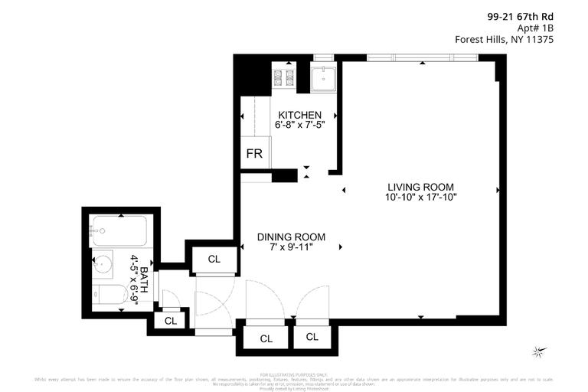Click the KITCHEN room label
tap(294, 115)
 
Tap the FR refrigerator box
tap(254, 154)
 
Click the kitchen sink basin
tap(323, 78)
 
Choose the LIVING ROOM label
tap(420, 187)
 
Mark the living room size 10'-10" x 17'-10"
tap(420, 198)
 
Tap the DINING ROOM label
tap(291, 237)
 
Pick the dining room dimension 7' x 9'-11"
tap(291, 247)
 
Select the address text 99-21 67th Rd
tap(520, 15)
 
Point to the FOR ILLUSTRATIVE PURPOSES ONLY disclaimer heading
tap(293, 374)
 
